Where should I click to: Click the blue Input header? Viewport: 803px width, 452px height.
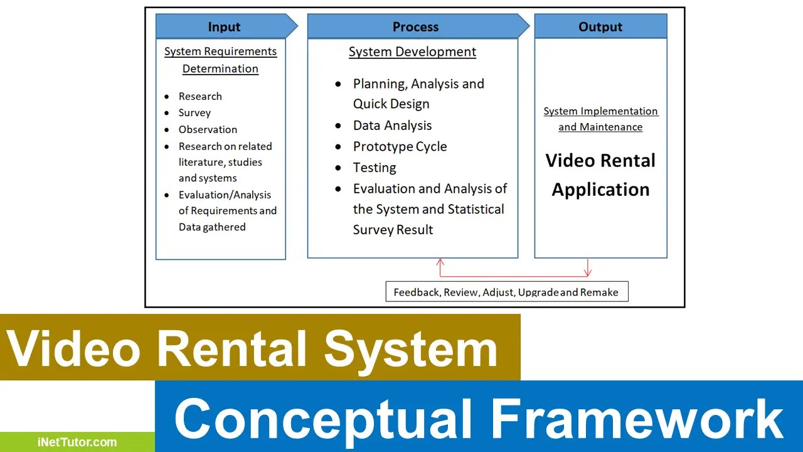[224, 27]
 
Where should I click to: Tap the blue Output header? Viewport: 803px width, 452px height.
[600, 27]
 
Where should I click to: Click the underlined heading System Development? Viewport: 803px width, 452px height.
[412, 52]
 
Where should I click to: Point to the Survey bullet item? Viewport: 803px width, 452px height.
[194, 113]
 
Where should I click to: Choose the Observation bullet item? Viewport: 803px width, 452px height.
[208, 130]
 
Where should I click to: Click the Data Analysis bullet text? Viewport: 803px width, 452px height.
[392, 126]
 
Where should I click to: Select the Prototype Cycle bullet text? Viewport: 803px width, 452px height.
[400, 147]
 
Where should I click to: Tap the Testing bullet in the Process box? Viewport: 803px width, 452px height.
[375, 168]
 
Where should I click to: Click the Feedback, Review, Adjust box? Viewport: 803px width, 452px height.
[506, 292]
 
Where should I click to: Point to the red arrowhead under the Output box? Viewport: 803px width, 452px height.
[587, 271]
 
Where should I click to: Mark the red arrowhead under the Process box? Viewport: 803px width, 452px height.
[440, 263]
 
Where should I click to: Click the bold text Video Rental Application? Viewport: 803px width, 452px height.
[600, 175]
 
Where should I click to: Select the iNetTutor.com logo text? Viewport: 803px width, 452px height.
[76, 442]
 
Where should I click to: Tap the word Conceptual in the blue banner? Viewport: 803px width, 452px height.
[322, 419]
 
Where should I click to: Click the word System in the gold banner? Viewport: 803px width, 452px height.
[411, 348]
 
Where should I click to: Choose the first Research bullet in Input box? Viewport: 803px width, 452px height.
[200, 97]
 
